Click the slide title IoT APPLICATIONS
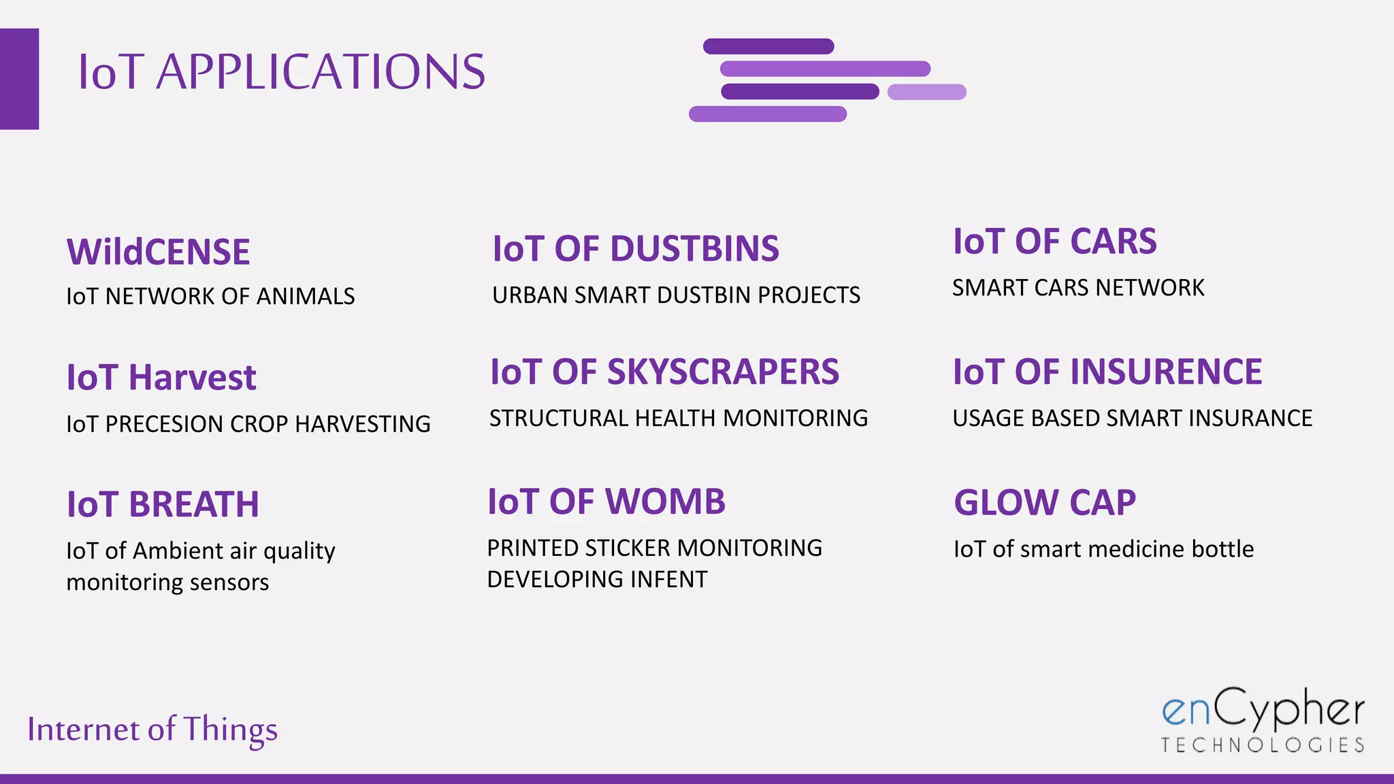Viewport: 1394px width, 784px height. [x=281, y=72]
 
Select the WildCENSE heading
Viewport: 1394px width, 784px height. [x=159, y=252]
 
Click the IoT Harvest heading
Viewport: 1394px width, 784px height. [x=161, y=378]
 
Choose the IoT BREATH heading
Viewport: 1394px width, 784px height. [x=163, y=505]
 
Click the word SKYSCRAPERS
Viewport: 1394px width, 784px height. [x=722, y=372]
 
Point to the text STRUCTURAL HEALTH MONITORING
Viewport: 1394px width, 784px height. [x=678, y=419]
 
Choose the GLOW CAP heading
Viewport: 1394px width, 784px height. [x=1045, y=504]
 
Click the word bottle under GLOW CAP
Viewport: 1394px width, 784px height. [x=1222, y=549]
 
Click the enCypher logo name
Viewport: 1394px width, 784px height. [x=1263, y=710]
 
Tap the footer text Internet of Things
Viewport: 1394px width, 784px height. [x=152, y=729]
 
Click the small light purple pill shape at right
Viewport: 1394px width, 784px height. [x=926, y=92]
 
